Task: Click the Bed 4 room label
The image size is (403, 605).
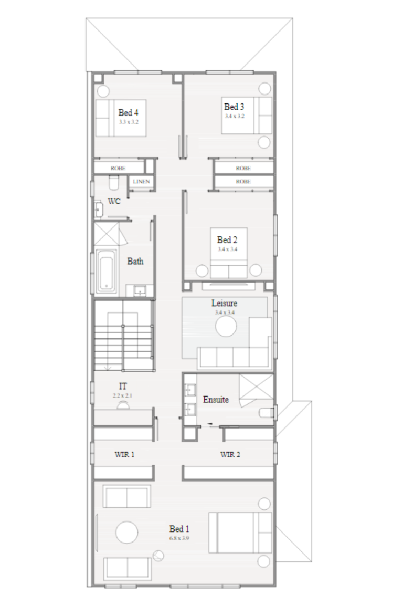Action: coord(128,112)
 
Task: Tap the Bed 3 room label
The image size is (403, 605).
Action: coord(234,107)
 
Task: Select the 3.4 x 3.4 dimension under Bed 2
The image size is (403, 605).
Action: coord(227,249)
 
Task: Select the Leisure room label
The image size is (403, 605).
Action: coord(224,303)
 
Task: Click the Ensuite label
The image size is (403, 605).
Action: coord(215,399)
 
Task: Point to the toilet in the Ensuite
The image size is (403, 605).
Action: coord(268,413)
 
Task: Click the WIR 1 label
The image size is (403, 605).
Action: coord(124,454)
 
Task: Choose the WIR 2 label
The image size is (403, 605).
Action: coord(230,454)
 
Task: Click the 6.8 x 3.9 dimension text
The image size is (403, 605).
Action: coord(179,538)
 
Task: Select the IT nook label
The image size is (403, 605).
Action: coord(123,386)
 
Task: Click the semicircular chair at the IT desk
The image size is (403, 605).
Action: coord(123,404)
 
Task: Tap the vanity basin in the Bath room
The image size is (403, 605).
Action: coord(141,290)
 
